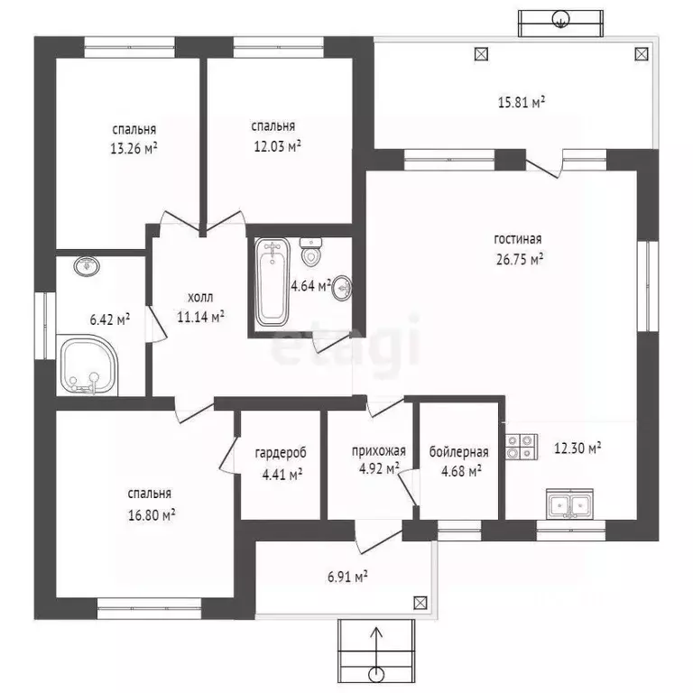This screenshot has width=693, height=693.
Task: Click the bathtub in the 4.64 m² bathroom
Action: [x=273, y=282]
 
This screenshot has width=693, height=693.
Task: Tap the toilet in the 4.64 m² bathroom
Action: [x=310, y=252]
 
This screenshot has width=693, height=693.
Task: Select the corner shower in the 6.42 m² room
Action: [x=87, y=365]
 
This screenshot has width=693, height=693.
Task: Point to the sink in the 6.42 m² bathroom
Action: [x=87, y=266]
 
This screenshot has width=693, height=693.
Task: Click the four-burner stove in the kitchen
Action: [x=522, y=447]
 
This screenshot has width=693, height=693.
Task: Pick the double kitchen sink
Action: [x=569, y=504]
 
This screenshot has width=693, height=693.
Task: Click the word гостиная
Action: [x=518, y=239]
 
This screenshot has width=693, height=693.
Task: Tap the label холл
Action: [x=200, y=298]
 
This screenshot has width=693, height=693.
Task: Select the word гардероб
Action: [x=281, y=453]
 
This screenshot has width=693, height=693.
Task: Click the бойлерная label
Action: [x=458, y=452]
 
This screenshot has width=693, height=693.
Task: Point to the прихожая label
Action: [x=379, y=451]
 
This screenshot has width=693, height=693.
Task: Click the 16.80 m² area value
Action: [x=152, y=515]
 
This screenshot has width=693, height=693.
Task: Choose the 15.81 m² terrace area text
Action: [x=521, y=102]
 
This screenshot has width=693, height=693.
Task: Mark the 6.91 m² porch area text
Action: [x=347, y=577]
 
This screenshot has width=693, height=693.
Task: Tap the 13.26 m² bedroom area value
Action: [x=134, y=148]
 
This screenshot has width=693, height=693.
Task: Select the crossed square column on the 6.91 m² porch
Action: [x=420, y=603]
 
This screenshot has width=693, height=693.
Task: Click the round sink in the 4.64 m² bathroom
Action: [x=342, y=288]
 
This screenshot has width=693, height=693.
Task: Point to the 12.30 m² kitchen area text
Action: [x=577, y=448]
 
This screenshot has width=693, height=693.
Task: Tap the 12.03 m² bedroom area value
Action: [x=277, y=146]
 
